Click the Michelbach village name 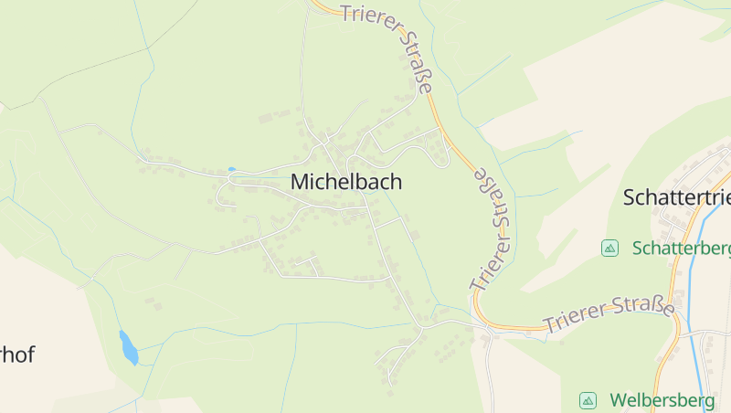point(345,182)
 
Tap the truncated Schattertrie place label point(676,197)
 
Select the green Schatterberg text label point(681,249)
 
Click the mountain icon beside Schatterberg point(609,249)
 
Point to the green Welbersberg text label point(662,400)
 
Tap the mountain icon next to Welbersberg point(588,400)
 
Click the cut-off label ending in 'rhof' point(17,355)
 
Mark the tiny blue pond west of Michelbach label point(231,169)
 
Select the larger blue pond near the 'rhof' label point(129,347)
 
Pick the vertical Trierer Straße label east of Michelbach point(491,228)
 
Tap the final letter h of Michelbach point(395,182)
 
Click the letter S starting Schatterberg point(638,249)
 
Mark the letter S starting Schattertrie point(630,197)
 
